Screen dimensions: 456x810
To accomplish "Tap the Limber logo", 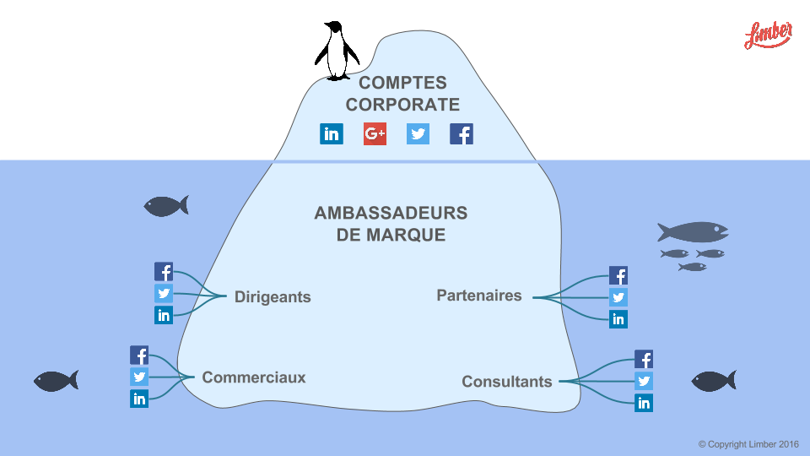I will pyautogui.click(x=768, y=35).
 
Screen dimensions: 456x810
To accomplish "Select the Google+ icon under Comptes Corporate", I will pyautogui.click(x=375, y=133).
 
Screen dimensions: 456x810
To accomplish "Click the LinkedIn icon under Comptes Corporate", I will pyautogui.click(x=332, y=133).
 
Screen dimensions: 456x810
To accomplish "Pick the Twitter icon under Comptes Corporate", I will pyautogui.click(x=418, y=133).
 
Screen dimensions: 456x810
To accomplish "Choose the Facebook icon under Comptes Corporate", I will pyautogui.click(x=462, y=133).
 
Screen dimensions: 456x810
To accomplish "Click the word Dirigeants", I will pyautogui.click(x=273, y=297).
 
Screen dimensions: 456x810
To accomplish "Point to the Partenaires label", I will pyautogui.click(x=478, y=296).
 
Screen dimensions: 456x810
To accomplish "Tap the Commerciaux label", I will pyautogui.click(x=254, y=377).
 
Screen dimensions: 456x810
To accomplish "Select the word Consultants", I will pyautogui.click(x=506, y=382).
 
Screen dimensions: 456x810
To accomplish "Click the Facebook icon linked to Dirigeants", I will pyautogui.click(x=164, y=272).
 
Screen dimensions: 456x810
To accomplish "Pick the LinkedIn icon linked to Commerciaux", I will pyautogui.click(x=139, y=399).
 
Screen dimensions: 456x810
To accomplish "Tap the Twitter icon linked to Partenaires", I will pyautogui.click(x=618, y=297).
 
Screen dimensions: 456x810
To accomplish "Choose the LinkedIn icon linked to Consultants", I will pyautogui.click(x=644, y=403).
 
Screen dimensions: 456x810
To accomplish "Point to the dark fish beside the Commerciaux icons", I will pyautogui.click(x=56, y=381).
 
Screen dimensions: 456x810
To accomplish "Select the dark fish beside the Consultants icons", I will pyautogui.click(x=713, y=381).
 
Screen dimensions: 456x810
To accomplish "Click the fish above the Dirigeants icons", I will pyautogui.click(x=165, y=206).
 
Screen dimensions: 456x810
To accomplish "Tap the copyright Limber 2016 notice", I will pyautogui.click(x=748, y=444).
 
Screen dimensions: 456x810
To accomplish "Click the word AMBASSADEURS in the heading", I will pyautogui.click(x=391, y=213).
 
